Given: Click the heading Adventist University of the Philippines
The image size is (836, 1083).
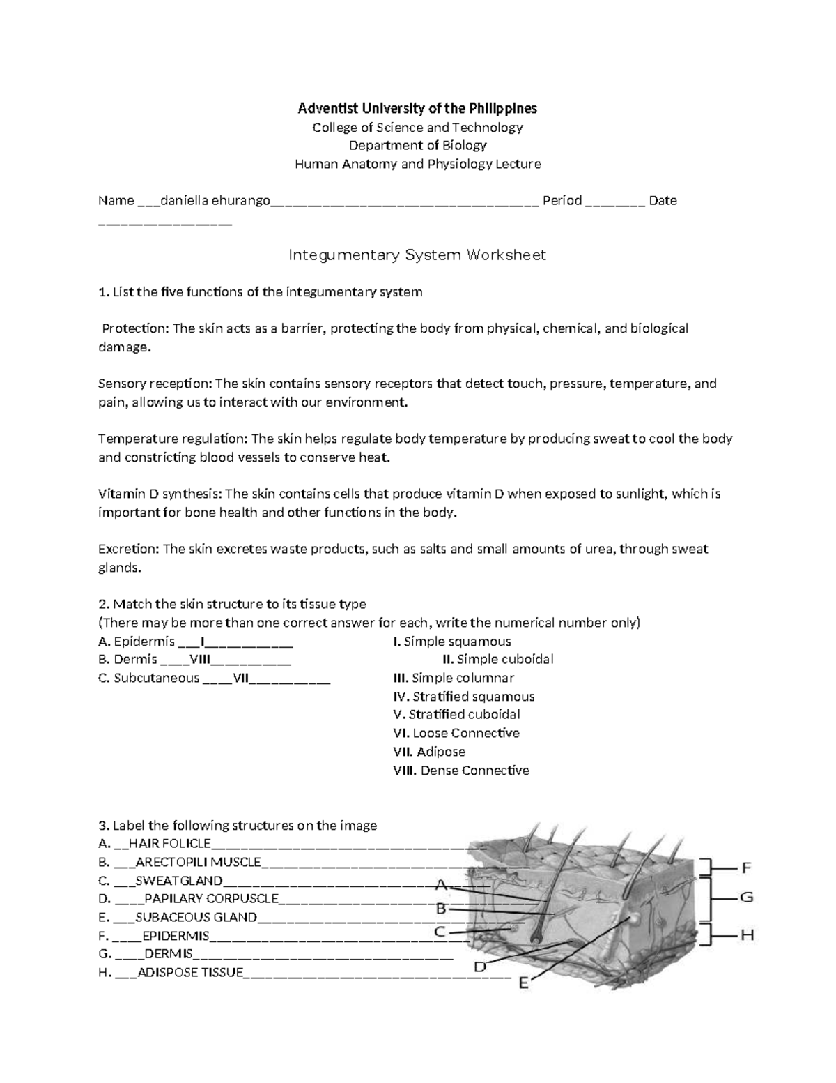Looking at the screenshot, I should [x=417, y=109].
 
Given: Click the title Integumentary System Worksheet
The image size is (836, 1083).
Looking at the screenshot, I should [x=417, y=255].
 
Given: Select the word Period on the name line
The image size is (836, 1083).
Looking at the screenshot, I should [x=562, y=201].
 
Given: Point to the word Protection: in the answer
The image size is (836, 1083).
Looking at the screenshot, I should [x=136, y=328].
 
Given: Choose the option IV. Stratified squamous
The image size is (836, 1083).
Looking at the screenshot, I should [x=464, y=697].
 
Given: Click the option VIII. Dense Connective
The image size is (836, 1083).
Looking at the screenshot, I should [x=461, y=771].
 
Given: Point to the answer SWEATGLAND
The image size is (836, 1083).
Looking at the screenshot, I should [x=179, y=881].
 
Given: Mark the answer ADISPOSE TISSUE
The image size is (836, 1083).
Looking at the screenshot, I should [x=190, y=973].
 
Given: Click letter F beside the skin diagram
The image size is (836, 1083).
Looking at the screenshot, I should [x=746, y=868].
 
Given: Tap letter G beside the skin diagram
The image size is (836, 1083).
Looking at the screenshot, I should [x=746, y=898].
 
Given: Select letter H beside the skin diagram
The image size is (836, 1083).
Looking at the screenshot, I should [x=747, y=936].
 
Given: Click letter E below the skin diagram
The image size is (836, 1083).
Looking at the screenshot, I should [x=525, y=983].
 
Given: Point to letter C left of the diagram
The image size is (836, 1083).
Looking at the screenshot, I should [x=440, y=932].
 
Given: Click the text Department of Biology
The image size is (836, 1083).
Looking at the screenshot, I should [x=417, y=146].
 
